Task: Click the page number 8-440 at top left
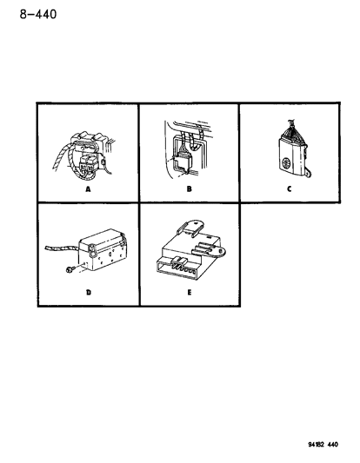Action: pos(38,14)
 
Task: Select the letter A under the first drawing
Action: pos(88,189)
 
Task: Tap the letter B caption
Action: pos(190,189)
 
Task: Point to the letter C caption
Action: pos(290,189)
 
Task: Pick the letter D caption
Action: pos(89,293)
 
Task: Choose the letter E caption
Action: pos(190,293)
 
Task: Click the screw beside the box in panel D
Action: pos(70,269)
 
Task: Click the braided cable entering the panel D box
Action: pos(62,248)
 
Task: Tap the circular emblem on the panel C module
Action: pos(286,162)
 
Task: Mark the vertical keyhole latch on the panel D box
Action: pos(92,250)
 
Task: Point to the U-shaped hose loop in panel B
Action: pos(195,144)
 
